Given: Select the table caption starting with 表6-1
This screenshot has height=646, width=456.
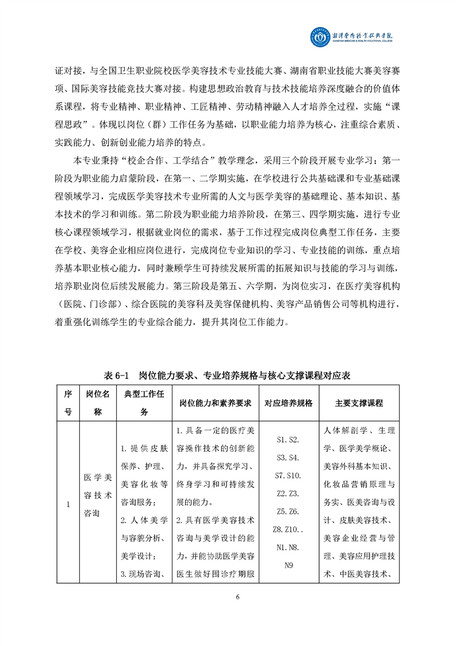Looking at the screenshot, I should pos(228,375).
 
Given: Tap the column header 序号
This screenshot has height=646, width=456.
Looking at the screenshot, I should pos(68,403).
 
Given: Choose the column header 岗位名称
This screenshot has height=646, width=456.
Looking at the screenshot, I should pos(97,403).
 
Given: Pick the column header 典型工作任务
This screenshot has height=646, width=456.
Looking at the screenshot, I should pos(144,403).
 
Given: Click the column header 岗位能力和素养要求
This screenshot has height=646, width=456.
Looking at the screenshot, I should pos(215,403).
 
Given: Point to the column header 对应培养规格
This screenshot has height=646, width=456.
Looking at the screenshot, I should pos(288,403).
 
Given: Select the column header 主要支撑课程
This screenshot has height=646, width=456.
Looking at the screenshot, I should pos(359,403).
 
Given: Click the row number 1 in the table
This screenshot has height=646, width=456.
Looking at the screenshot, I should pos(68,505).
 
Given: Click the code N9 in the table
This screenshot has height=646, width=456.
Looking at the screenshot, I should pos(289,565).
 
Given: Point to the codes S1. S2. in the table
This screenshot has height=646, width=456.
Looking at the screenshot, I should pos(288,439).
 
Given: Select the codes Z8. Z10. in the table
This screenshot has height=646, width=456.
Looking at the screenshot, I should pos(288,529).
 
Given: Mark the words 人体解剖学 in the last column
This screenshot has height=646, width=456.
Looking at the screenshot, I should pos(343,431).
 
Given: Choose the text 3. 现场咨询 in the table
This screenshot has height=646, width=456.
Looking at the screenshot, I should pos(144,573).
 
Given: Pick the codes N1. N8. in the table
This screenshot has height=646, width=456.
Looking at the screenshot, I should pos(288,547).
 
